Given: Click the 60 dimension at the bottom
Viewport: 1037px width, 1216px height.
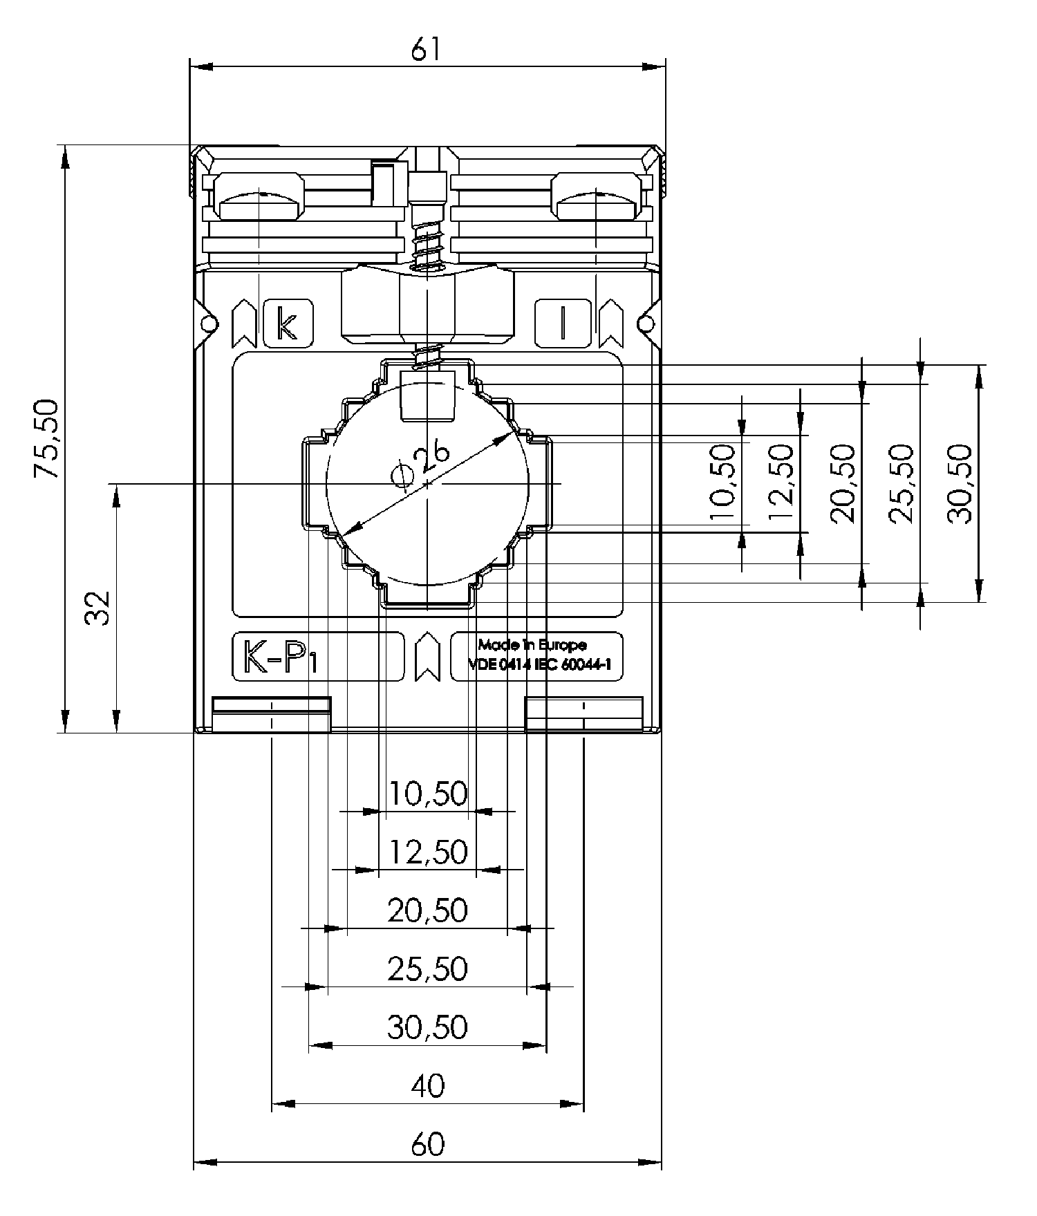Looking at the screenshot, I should click(x=428, y=1143).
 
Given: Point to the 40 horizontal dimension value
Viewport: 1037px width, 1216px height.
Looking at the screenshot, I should click(x=428, y=1086).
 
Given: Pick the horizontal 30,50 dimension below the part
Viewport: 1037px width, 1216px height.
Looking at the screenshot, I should click(x=427, y=1027).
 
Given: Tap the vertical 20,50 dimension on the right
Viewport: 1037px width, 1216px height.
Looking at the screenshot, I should click(x=843, y=483).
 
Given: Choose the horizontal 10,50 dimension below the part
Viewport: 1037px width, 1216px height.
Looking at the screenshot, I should click(x=428, y=793).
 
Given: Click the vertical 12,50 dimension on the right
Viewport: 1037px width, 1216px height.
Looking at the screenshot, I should click(x=781, y=483).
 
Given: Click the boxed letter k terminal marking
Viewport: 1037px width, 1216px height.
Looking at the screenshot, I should click(x=288, y=323).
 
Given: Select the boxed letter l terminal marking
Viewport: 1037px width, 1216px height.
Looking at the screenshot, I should click(x=563, y=323).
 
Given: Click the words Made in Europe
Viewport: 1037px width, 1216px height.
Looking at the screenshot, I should click(x=532, y=645).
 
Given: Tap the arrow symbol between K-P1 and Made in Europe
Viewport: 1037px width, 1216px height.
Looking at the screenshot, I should click(x=427, y=656).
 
